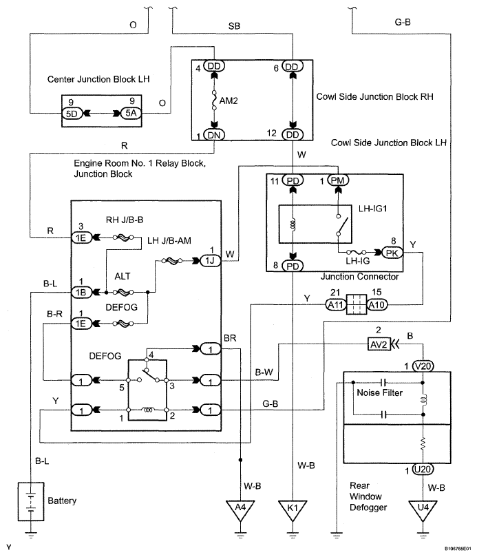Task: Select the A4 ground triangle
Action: click(x=240, y=509)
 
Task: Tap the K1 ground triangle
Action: click(x=293, y=509)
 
